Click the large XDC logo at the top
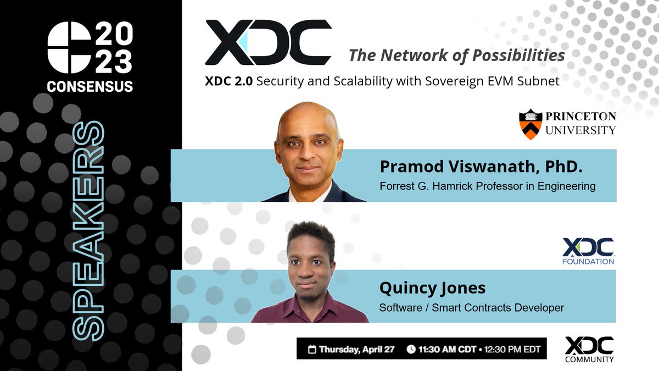point(268,43)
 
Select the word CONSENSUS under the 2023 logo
point(90,86)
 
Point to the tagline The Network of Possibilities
point(457,56)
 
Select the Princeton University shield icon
point(530,124)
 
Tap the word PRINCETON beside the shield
point(580,117)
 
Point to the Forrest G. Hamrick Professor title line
point(487,186)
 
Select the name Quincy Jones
point(432,288)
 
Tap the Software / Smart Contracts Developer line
point(472,307)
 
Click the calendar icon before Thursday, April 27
point(312,349)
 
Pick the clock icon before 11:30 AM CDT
point(411,349)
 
